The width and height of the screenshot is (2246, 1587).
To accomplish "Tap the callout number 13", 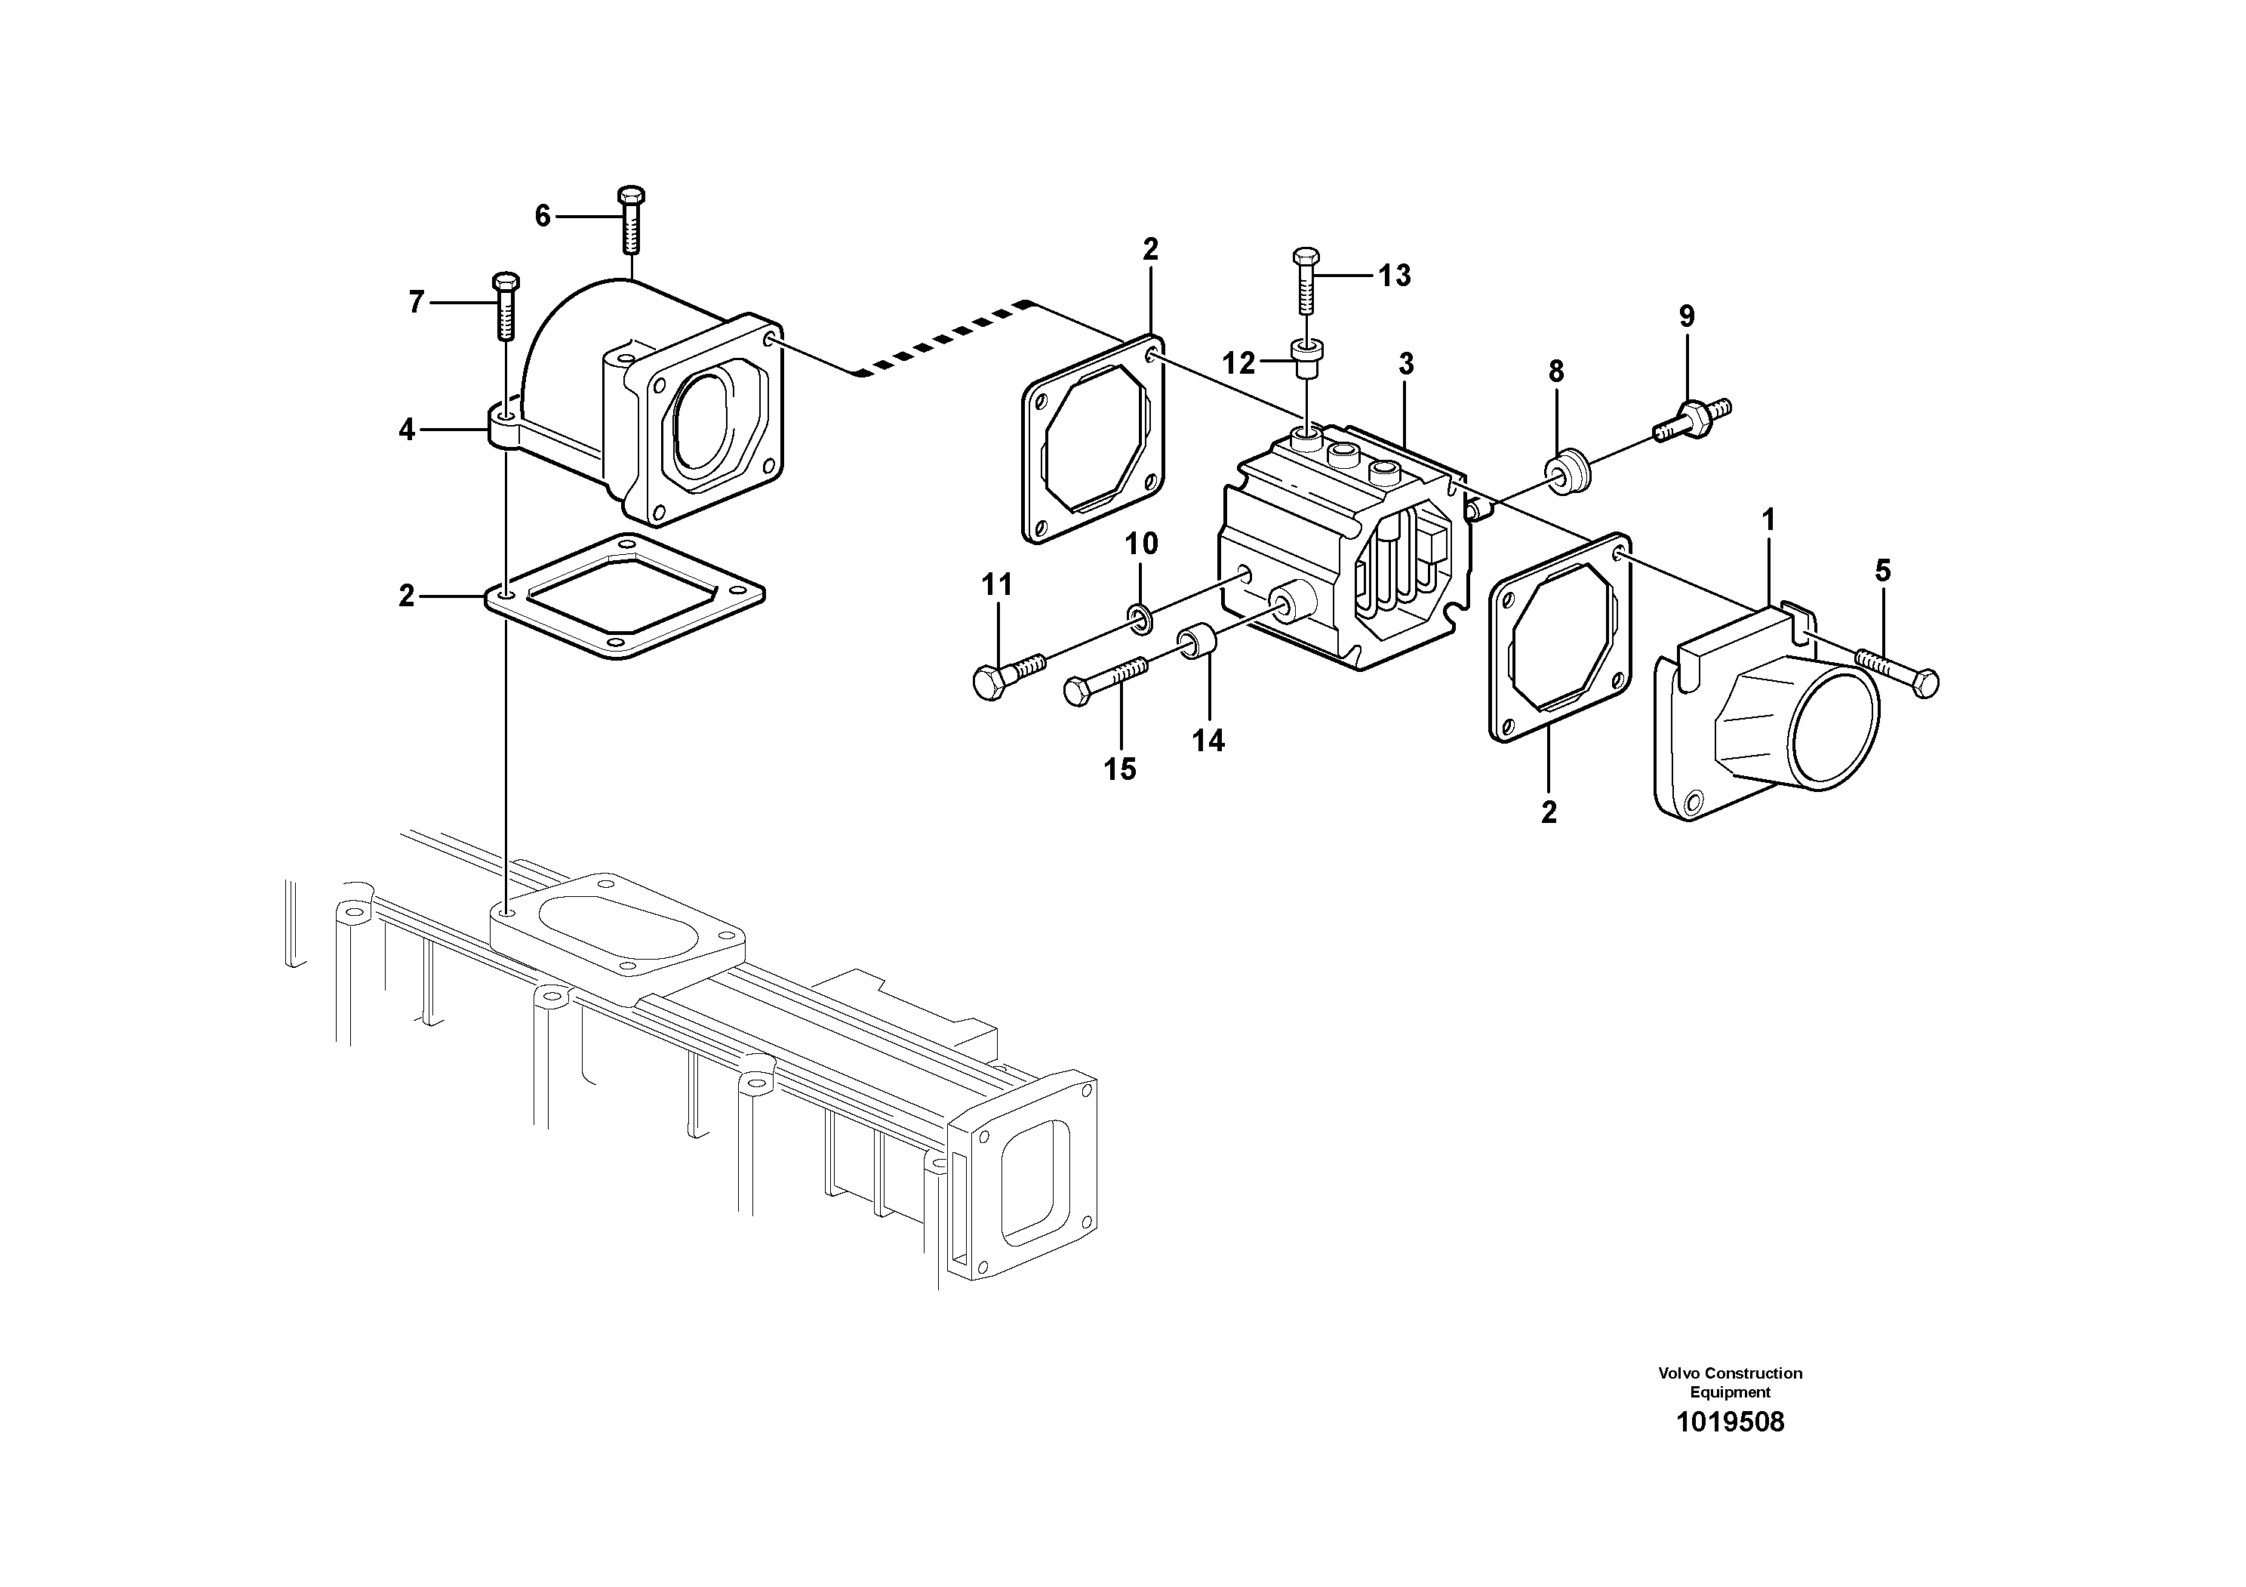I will pyautogui.click(x=1394, y=276).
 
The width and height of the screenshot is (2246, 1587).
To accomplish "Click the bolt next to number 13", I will pyautogui.click(x=1306, y=281).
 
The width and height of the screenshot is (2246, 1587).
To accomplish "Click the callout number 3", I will pyautogui.click(x=1406, y=364).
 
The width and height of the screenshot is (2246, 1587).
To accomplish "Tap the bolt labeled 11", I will pyautogui.click(x=1008, y=674).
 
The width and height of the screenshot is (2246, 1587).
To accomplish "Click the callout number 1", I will pyautogui.click(x=1768, y=519).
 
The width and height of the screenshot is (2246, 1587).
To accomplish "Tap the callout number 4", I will pyautogui.click(x=407, y=430).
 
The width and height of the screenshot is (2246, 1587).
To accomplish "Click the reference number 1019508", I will pyautogui.click(x=1730, y=1422).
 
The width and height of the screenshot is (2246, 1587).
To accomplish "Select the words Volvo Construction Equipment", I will pyautogui.click(x=1730, y=1382).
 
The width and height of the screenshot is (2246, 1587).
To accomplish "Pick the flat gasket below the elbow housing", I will pyautogui.click(x=624, y=597).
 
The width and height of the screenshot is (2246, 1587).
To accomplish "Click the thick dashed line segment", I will pyautogui.click(x=939, y=338).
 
